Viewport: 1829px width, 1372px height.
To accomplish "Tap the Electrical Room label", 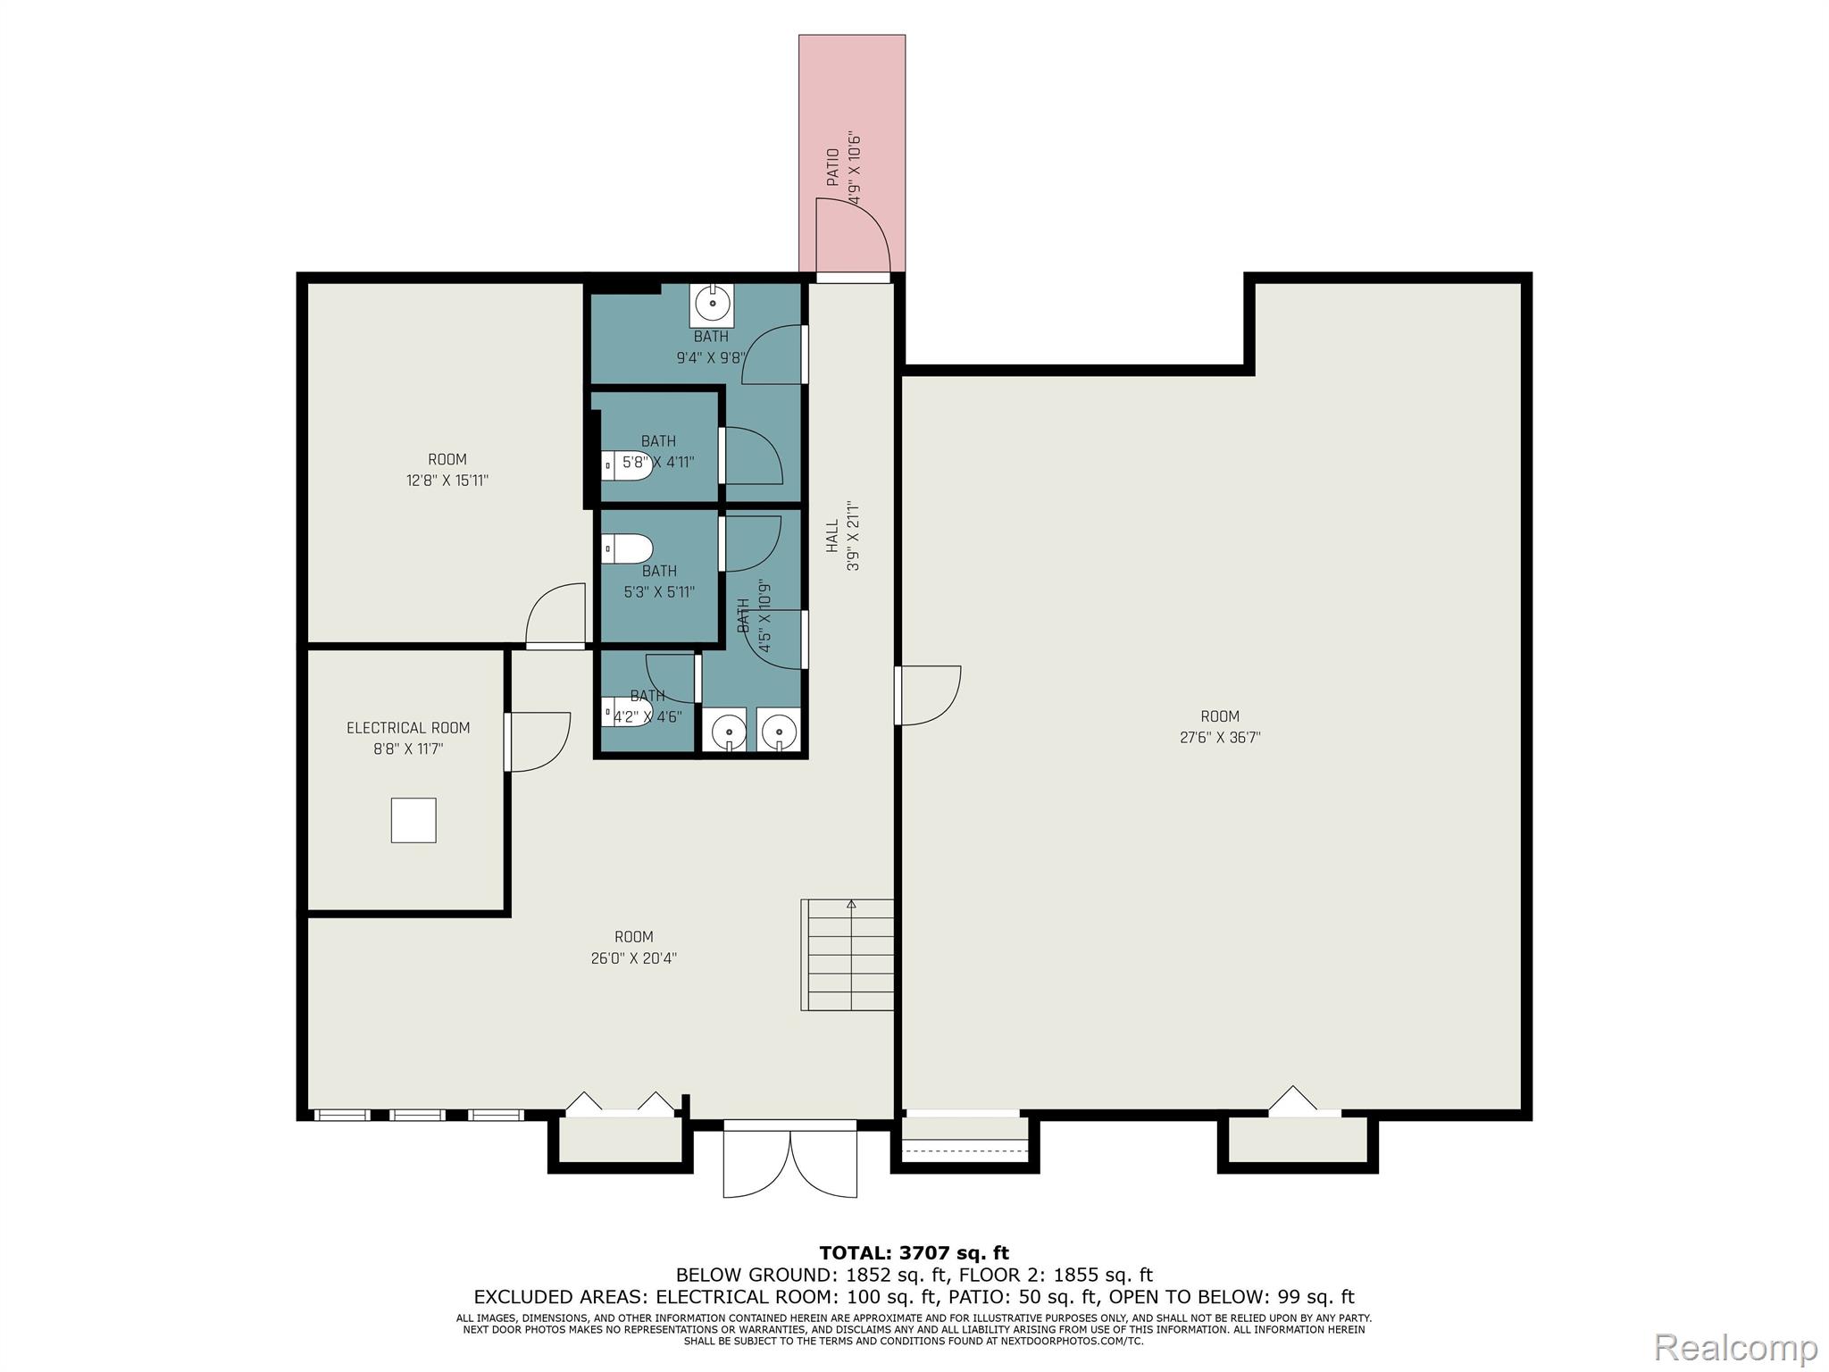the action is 408,728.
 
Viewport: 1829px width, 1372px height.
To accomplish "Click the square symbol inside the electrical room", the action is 413,820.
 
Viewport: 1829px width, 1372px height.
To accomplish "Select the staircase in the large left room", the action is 848,955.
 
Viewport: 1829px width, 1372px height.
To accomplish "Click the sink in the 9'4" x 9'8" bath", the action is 713,305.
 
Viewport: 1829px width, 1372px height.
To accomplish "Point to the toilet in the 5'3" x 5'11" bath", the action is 627,548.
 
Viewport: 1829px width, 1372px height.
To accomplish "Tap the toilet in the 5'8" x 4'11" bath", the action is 627,465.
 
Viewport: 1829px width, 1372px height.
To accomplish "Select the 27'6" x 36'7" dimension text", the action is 1220,738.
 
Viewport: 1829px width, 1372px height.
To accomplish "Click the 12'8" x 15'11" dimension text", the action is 447,481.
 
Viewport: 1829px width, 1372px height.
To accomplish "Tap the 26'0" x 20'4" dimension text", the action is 634,958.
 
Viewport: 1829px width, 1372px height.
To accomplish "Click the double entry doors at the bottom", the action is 790,1159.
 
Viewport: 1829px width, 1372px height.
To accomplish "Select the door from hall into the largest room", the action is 929,696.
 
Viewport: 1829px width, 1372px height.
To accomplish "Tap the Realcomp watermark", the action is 1736,1346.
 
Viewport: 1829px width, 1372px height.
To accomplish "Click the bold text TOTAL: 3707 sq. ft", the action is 914,1253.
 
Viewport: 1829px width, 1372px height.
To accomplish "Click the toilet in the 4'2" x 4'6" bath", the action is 627,712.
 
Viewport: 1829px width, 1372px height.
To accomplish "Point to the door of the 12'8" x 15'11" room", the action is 555,616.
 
